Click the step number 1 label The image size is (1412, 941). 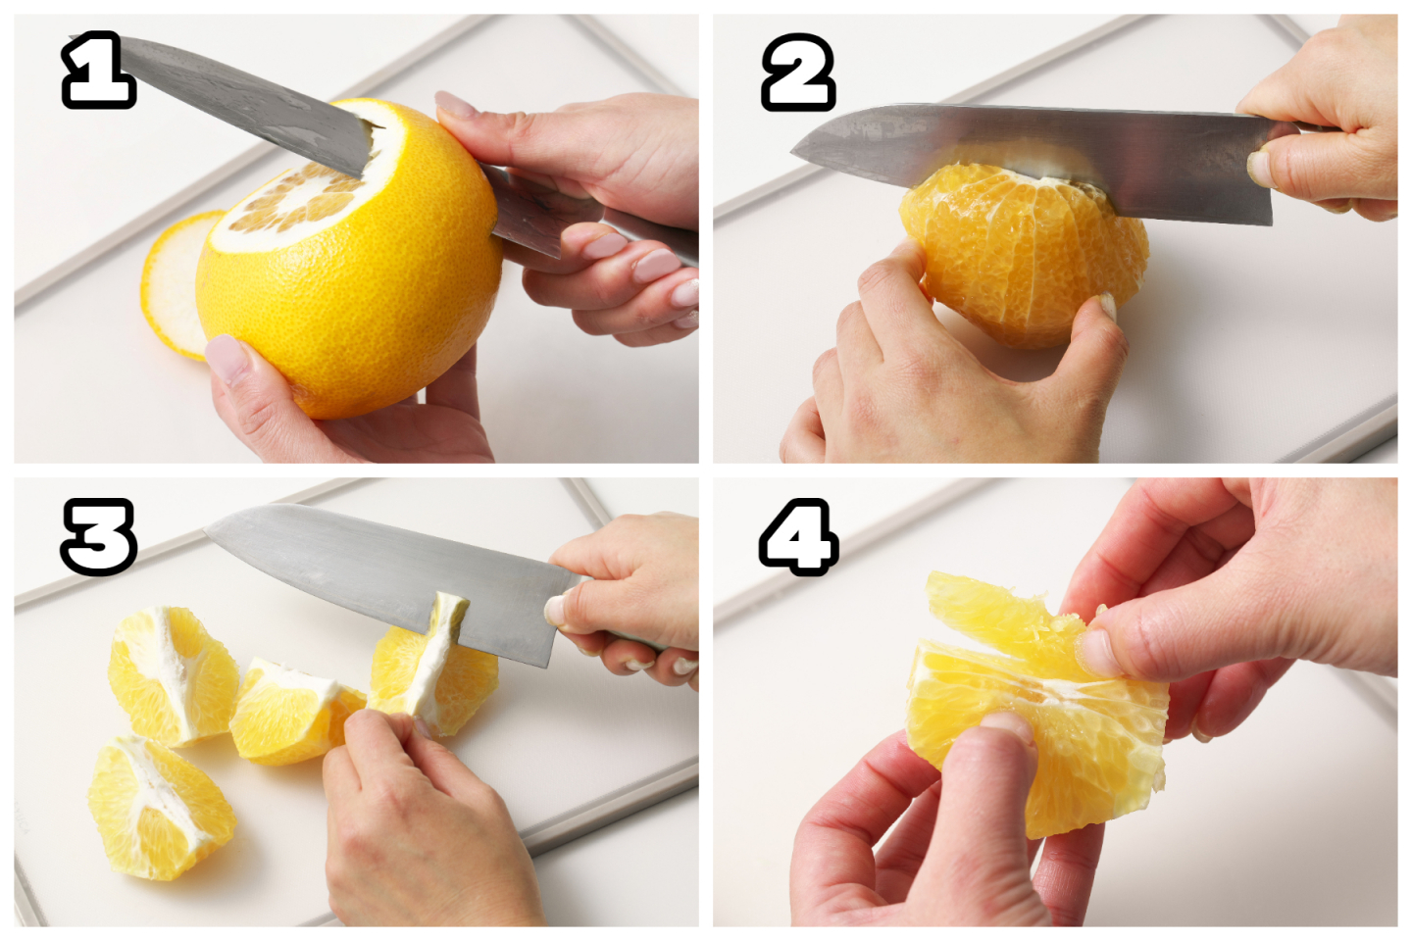[x=98, y=70]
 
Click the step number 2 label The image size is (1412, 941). [x=798, y=72]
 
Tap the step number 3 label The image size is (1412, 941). [x=98, y=536]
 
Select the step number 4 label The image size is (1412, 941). [x=798, y=536]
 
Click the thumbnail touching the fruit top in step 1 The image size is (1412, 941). [x=456, y=104]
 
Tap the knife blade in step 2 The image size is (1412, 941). [x=1034, y=161]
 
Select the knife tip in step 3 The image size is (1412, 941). [x=207, y=530]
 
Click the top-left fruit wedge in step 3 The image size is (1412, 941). [x=172, y=674]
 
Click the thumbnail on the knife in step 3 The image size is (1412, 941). [x=556, y=610]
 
